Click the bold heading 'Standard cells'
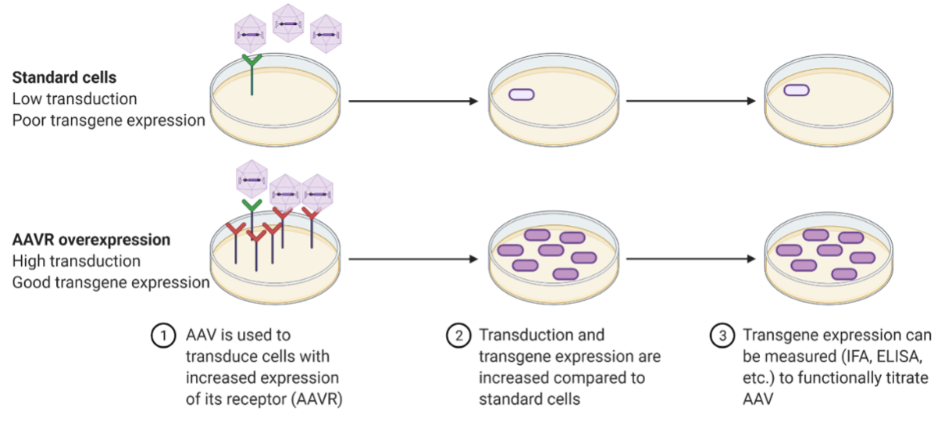point(64,78)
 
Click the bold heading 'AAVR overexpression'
point(91,240)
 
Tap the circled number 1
point(162,336)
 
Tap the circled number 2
point(456,336)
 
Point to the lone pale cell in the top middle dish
point(522,95)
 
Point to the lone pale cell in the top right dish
point(796,91)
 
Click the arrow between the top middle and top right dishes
point(690,101)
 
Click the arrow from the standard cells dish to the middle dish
point(412,101)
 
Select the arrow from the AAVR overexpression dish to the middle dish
point(412,259)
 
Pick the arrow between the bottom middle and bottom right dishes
point(690,259)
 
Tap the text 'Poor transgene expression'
point(109,120)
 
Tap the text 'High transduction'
point(77,261)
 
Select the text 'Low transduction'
point(75,99)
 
